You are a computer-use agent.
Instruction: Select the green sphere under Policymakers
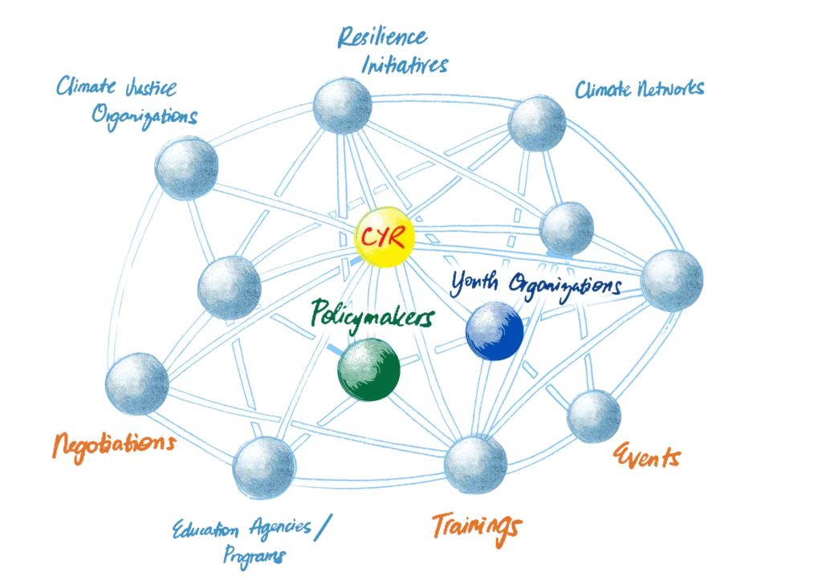point(368,368)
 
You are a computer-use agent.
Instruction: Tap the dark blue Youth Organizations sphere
point(494,331)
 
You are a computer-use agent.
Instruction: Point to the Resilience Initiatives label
point(391,50)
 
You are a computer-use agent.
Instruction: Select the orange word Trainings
point(476,525)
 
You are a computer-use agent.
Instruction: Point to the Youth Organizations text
point(535,285)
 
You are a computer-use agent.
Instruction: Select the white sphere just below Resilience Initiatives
point(342,105)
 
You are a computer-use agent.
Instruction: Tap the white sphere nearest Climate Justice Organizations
point(187,168)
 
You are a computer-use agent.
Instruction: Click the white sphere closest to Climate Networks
point(537,123)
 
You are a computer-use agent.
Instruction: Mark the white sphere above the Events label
point(594,416)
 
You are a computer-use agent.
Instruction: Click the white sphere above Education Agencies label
point(263,467)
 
